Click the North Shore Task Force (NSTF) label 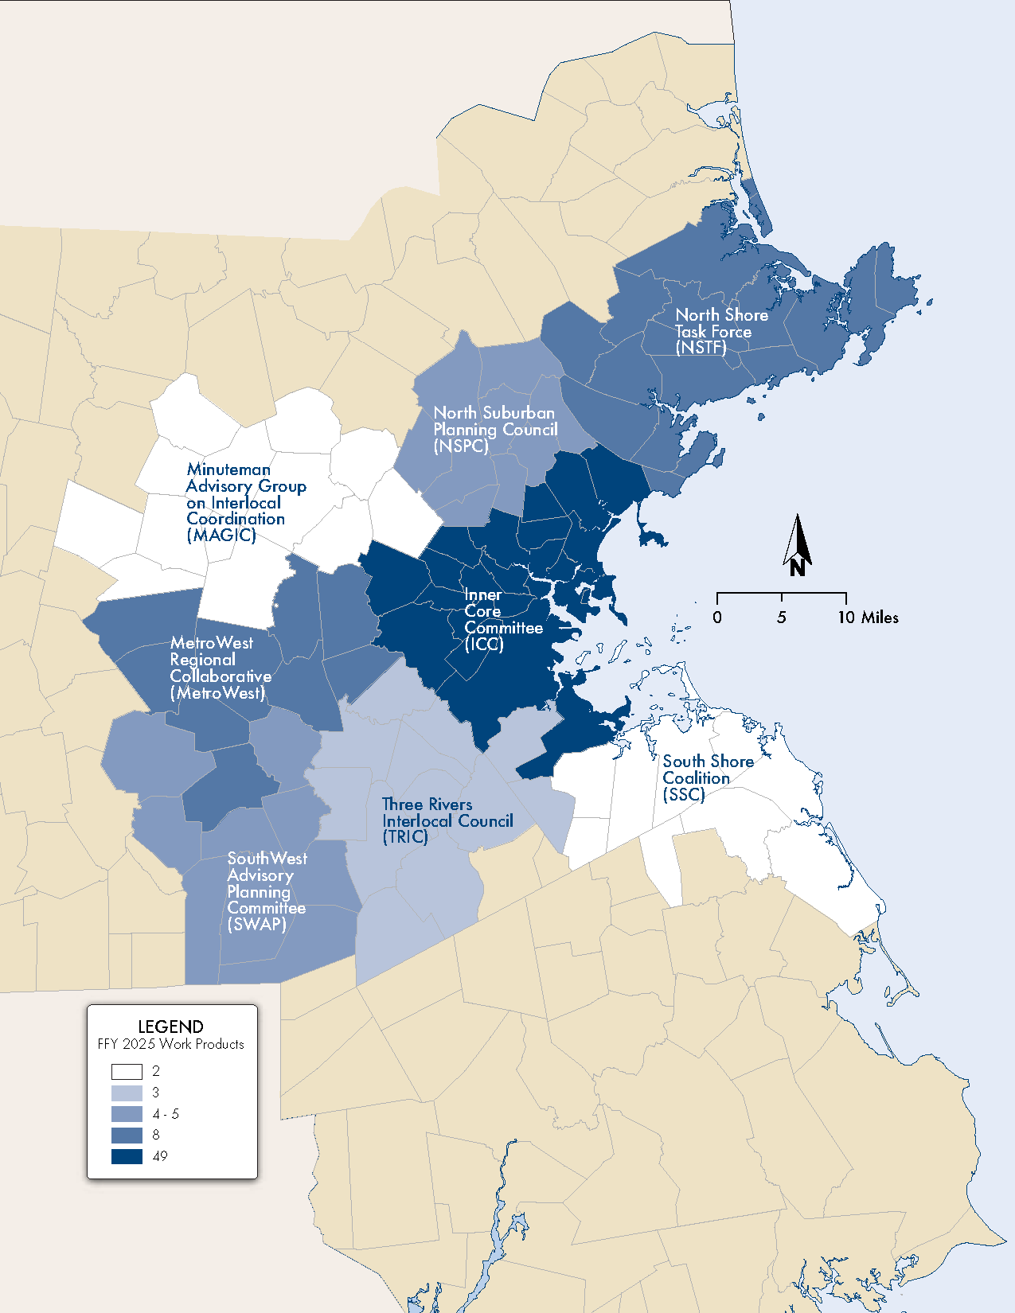click(720, 331)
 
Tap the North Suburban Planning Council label click(494, 429)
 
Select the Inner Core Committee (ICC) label click(502, 620)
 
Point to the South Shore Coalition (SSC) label click(707, 777)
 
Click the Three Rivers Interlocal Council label click(447, 820)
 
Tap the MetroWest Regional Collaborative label click(220, 668)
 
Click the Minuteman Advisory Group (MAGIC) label click(245, 502)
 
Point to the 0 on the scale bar click(717, 618)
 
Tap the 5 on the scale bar click(782, 618)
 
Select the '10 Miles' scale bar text click(868, 618)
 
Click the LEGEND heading click(170, 1027)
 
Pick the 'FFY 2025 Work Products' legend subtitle click(170, 1044)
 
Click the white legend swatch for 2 click(127, 1071)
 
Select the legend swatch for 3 click(127, 1093)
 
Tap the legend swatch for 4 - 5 click(127, 1114)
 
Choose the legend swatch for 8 click(127, 1136)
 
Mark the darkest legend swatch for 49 click(127, 1156)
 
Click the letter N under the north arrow click(798, 568)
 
